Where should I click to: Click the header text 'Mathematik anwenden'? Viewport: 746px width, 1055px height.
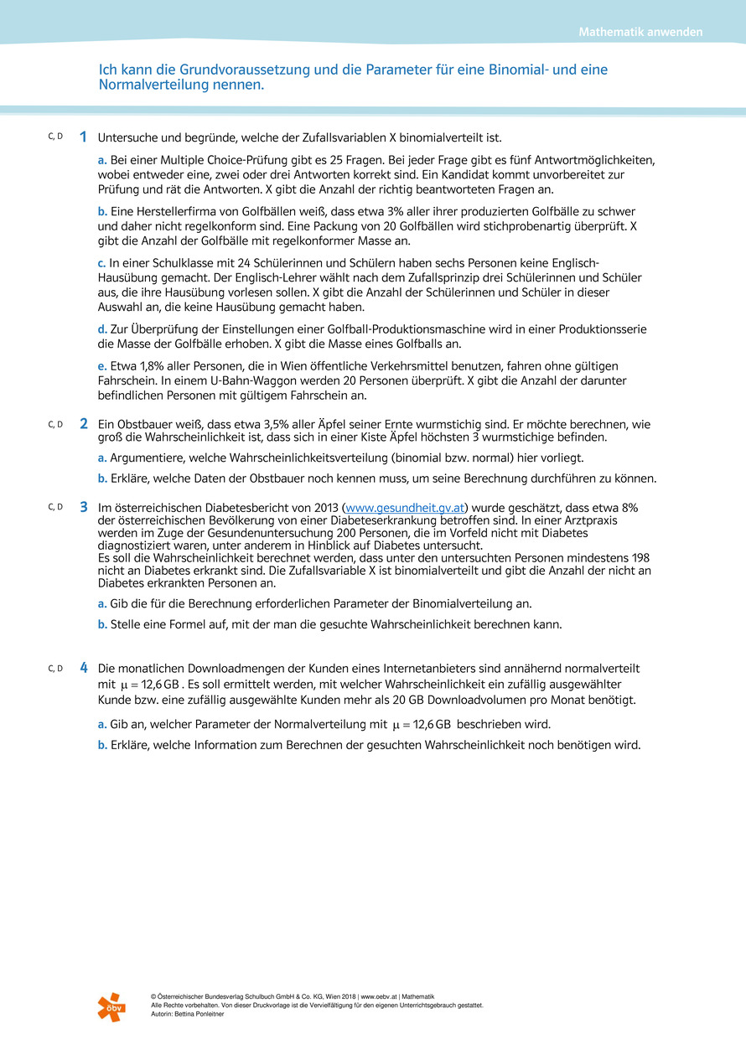640,33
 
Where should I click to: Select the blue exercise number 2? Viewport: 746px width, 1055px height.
84,425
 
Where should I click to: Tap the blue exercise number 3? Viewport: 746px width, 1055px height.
84,507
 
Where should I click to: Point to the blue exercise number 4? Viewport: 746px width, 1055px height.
84,669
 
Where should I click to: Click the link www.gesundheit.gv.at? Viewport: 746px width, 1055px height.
405,508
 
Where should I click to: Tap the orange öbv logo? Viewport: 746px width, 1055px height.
111,1006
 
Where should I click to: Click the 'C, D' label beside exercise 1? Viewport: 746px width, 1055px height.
55,136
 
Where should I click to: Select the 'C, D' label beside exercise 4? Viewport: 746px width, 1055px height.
55,668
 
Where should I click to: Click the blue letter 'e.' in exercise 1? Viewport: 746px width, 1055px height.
102,367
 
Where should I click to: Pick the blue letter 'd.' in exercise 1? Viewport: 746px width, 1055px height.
102,330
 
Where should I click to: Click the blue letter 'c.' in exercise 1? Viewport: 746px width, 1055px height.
102,264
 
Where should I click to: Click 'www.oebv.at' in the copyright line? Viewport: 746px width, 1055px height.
380,996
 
